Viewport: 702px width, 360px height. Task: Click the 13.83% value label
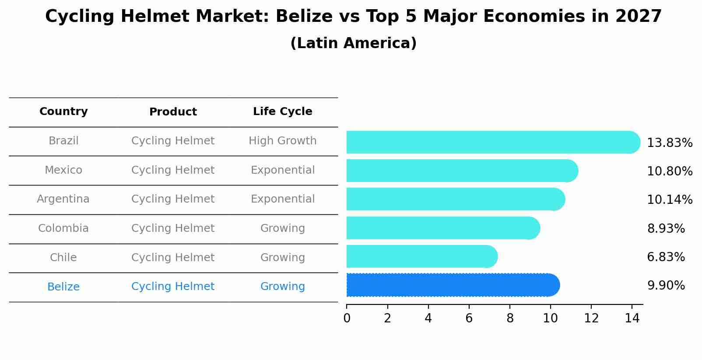670,143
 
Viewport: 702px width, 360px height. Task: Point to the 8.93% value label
666,228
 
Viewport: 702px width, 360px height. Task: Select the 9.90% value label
666,286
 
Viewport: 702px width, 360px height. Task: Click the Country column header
63,112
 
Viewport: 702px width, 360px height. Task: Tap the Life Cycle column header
283,112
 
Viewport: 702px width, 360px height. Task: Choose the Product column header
173,112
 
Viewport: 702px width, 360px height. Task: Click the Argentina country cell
63,199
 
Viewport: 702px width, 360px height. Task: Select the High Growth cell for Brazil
283,141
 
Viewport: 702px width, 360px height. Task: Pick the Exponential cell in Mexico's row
283,170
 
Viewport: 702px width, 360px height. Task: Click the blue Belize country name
63,287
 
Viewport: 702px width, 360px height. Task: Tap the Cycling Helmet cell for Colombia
173,228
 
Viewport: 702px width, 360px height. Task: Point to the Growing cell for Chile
283,258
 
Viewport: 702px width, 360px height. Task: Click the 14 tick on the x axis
632,318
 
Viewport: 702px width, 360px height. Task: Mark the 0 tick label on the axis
347,318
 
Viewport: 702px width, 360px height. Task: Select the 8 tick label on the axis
510,318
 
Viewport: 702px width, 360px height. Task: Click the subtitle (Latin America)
353,43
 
